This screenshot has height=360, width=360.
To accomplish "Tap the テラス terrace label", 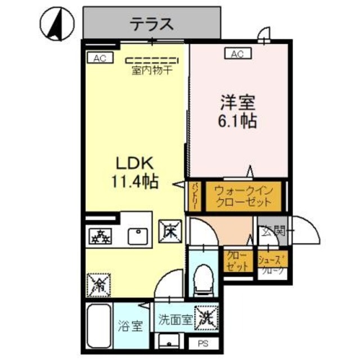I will [x=151, y=24].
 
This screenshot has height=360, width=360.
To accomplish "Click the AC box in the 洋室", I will [x=237, y=53].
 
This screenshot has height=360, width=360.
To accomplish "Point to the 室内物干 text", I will [x=152, y=71].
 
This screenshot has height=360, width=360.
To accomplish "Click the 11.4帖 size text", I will [x=134, y=181].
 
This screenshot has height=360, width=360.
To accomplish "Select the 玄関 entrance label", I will [x=272, y=229].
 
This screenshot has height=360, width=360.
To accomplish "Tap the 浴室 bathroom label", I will [x=130, y=325].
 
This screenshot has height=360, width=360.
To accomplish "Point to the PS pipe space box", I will [x=201, y=343].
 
